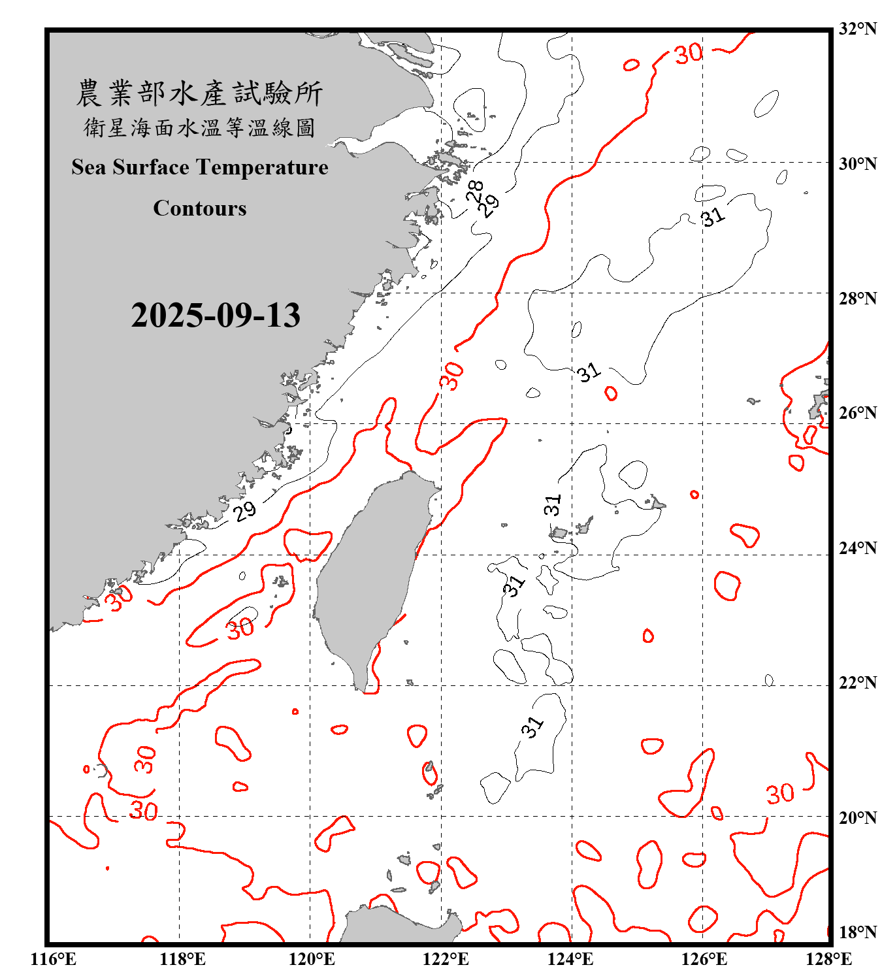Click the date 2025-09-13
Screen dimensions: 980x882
(216, 316)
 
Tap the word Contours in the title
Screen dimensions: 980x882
(200, 208)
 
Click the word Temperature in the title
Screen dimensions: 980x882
(259, 167)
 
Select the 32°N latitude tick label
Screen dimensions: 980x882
(858, 29)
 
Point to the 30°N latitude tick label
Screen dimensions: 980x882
(858, 164)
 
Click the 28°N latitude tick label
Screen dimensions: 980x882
(858, 299)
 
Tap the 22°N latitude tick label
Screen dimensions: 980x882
(858, 683)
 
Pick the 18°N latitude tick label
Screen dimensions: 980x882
(858, 932)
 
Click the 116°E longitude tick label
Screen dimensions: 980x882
(54, 959)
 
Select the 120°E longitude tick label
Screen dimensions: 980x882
(312, 959)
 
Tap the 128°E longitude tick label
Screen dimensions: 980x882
(828, 959)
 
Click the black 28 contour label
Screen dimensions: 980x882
(476, 191)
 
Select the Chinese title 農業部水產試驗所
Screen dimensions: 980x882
(199, 93)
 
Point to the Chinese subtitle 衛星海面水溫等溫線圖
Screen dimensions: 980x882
(199, 127)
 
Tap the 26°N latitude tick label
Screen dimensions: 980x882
(858, 413)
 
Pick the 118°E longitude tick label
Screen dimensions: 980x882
(182, 959)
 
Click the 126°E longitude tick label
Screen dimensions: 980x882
(704, 959)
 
